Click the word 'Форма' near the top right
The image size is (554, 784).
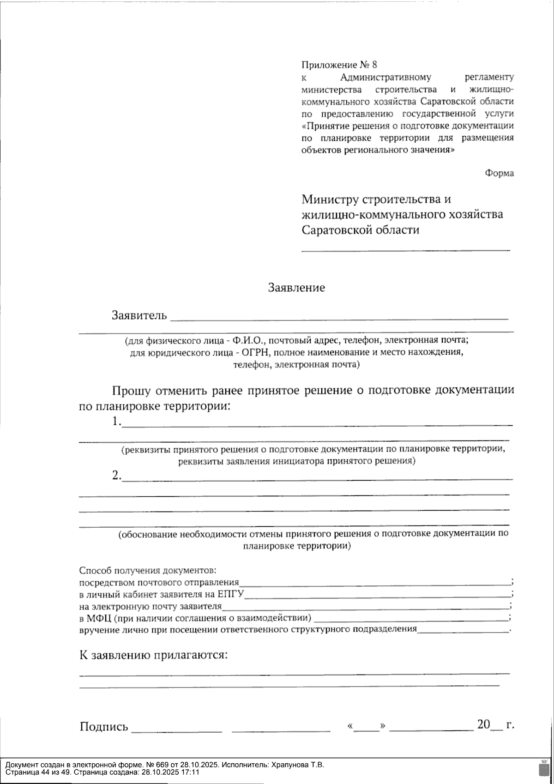point(499,173)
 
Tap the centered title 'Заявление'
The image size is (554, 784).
point(297,288)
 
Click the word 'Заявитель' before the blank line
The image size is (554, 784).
point(138,316)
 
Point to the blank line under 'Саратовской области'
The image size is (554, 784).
point(406,250)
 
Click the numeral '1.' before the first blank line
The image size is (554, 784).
point(117,422)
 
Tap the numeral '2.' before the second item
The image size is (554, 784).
point(117,476)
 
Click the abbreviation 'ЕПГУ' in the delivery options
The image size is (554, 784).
point(231,593)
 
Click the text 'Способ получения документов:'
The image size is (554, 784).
point(148,570)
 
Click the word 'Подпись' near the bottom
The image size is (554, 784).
point(104,727)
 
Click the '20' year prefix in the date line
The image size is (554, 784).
point(483,724)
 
